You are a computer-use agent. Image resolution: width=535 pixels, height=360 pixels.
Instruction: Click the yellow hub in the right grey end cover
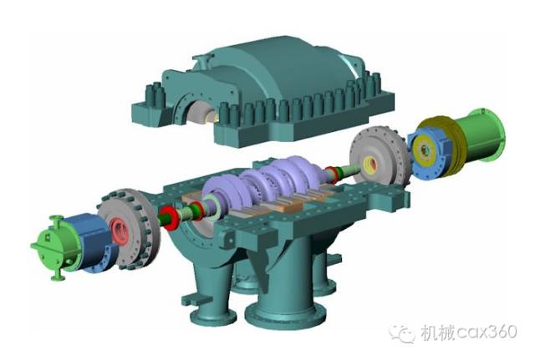[370, 165]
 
